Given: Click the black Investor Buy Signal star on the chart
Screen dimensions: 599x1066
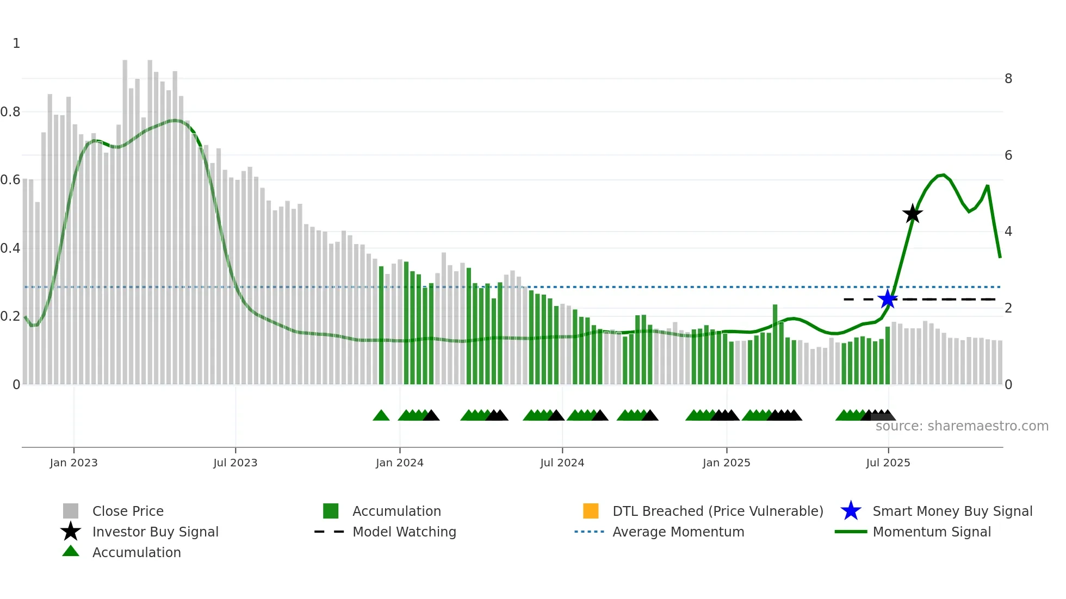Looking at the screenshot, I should point(913,214).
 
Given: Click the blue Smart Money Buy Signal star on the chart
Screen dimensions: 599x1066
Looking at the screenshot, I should point(888,299).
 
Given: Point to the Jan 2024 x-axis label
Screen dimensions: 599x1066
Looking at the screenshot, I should point(399,463).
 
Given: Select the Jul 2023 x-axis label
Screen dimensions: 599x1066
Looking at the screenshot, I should point(235,463).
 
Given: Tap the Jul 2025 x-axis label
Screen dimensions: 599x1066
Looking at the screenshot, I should point(888,463).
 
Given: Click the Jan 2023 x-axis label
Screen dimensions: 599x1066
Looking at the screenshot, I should point(73,463).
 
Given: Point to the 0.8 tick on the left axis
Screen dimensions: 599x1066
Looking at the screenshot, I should point(10,112).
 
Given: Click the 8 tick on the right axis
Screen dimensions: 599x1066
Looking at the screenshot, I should point(1008,79).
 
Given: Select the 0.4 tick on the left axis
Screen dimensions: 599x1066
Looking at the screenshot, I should point(10,248).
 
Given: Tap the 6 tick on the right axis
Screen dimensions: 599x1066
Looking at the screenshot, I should point(1008,155).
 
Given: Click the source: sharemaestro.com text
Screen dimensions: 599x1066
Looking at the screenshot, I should point(962,426).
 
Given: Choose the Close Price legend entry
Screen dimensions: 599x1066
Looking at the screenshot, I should point(127,511).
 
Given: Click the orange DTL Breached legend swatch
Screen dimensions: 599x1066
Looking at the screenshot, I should point(591,511).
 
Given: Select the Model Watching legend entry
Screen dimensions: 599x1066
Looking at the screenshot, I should point(404,532).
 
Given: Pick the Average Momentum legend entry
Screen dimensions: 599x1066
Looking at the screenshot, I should point(678,532).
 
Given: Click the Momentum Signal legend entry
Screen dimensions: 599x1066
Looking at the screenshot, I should point(931,532).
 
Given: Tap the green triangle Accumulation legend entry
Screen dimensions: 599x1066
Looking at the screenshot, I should point(136,552).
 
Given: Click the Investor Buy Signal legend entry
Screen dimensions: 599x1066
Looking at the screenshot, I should point(155,532).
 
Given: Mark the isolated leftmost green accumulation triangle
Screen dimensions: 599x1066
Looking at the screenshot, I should point(381,416).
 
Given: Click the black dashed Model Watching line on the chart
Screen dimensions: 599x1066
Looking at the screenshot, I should point(946,299).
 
